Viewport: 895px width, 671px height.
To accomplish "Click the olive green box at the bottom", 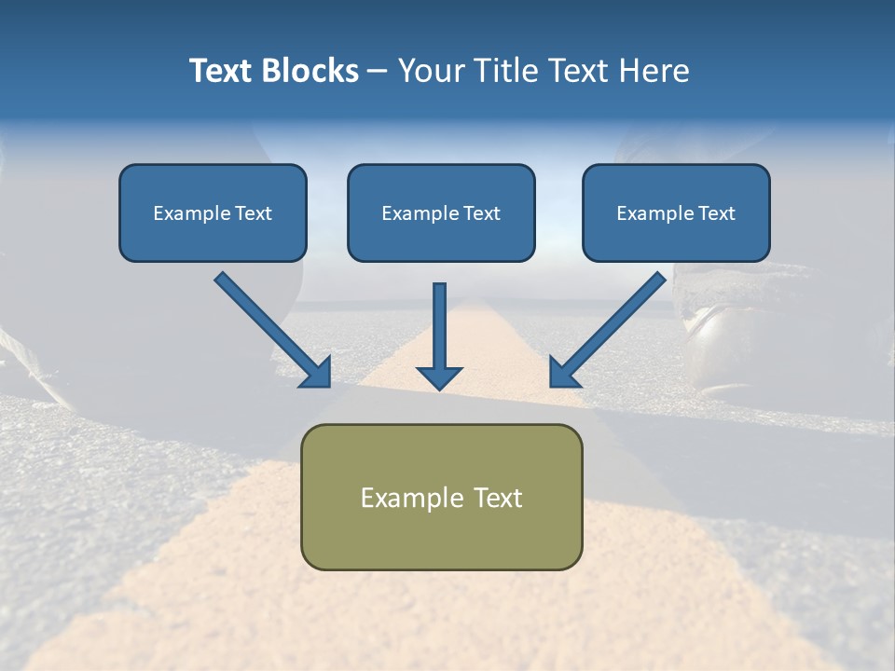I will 441,536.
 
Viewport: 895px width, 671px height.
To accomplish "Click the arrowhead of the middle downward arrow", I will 439,377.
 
